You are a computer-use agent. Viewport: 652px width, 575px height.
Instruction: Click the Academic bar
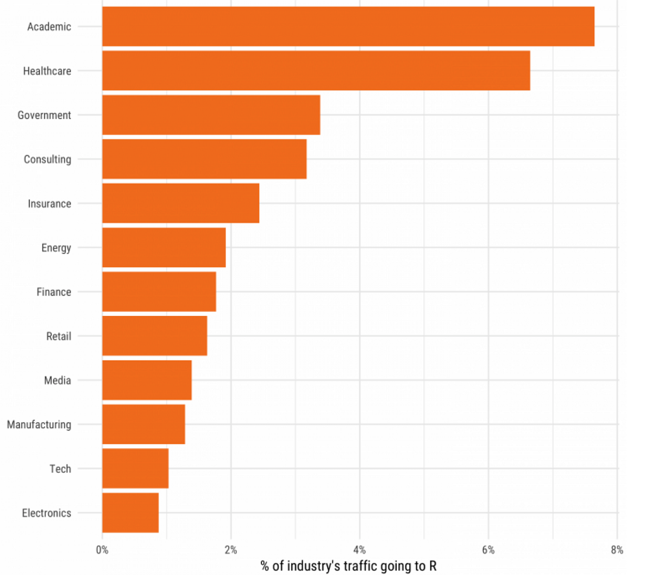[348, 27]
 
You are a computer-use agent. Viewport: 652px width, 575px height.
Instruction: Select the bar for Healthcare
[316, 71]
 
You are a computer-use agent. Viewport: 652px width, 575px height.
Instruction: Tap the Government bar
[211, 115]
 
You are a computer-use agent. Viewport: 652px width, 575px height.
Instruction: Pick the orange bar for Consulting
[204, 159]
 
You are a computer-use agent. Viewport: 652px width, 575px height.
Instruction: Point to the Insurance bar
[180, 203]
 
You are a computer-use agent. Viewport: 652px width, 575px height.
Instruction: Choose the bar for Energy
[164, 247]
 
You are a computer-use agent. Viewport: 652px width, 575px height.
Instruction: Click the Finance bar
[159, 292]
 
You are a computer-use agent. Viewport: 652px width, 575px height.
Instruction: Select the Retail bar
[154, 336]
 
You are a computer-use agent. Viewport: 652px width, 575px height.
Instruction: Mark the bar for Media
[147, 380]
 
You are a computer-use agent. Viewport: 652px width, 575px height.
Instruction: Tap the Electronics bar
[130, 512]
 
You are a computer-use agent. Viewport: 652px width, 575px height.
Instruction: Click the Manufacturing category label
[39, 424]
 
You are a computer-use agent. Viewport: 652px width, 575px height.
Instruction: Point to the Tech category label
[60, 468]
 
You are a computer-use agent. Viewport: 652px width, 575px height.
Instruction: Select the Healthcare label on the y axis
[47, 71]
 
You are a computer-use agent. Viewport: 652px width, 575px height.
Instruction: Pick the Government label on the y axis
[45, 115]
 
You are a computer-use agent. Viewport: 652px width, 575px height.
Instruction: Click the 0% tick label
[102, 550]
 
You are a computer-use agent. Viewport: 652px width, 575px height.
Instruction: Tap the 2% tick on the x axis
[231, 550]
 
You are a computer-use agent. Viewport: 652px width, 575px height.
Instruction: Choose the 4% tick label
[359, 550]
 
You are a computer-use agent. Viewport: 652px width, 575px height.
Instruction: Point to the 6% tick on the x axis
[488, 550]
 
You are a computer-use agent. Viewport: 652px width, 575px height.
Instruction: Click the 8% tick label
[617, 550]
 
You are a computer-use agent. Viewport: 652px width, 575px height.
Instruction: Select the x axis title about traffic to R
[348, 566]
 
